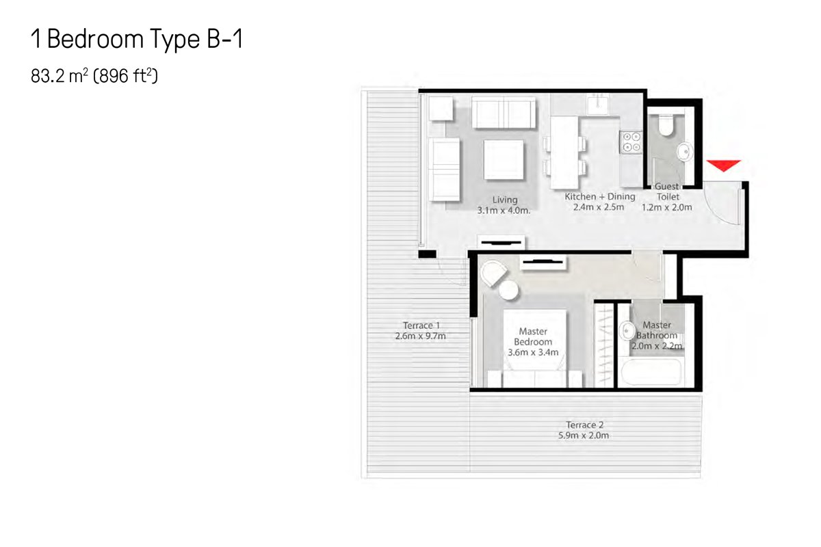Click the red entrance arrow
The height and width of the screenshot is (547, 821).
point(724,165)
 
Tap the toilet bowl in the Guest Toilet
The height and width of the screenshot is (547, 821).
point(666,125)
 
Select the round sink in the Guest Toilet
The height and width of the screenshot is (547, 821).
point(685,151)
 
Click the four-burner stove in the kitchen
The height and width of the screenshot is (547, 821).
point(631,142)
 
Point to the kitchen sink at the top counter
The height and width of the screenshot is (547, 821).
point(597,104)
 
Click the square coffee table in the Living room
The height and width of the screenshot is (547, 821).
point(504,160)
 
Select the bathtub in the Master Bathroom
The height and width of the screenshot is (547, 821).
point(651,371)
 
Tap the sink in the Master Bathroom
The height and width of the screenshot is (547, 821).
point(627,331)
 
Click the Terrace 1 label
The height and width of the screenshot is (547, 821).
point(421,325)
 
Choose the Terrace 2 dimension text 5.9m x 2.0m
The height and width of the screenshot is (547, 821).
point(584,436)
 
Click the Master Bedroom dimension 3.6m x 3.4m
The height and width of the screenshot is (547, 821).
point(533,352)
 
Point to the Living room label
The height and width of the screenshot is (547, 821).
point(505,200)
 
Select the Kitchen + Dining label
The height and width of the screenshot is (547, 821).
point(600,197)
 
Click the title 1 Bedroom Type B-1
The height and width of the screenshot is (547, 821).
point(137,39)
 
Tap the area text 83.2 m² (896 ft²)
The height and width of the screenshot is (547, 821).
point(94,76)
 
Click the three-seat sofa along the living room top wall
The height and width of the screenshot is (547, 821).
point(504,113)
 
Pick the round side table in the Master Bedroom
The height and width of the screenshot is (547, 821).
point(509,290)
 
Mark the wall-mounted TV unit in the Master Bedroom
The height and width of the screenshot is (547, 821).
point(543,262)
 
